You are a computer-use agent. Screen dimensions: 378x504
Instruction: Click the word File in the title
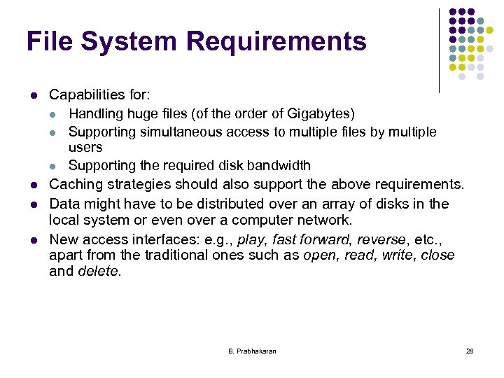[49, 42]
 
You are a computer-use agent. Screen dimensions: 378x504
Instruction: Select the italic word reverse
[380, 239]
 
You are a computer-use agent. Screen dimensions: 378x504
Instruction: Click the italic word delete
[99, 272]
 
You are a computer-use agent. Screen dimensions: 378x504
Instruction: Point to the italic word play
[253, 239]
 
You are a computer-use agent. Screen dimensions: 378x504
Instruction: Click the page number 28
[470, 351]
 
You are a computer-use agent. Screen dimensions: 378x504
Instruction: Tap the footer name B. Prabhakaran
[252, 351]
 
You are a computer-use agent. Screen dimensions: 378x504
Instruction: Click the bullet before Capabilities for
[33, 94]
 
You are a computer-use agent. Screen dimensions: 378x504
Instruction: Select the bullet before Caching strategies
[33, 185]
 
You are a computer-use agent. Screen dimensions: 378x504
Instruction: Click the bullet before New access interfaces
[33, 240]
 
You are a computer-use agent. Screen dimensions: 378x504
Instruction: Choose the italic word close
[437, 255]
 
